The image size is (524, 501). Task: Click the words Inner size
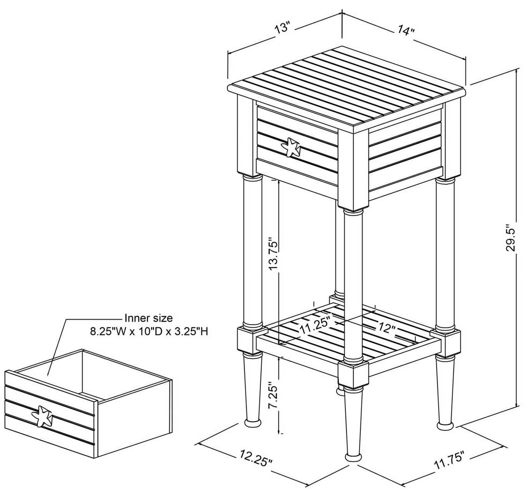click(148, 318)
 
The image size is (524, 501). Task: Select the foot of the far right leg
click(445, 425)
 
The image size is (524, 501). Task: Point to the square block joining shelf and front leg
click(353, 373)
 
